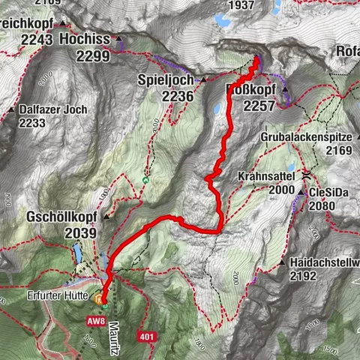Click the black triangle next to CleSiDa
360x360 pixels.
(310, 192)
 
